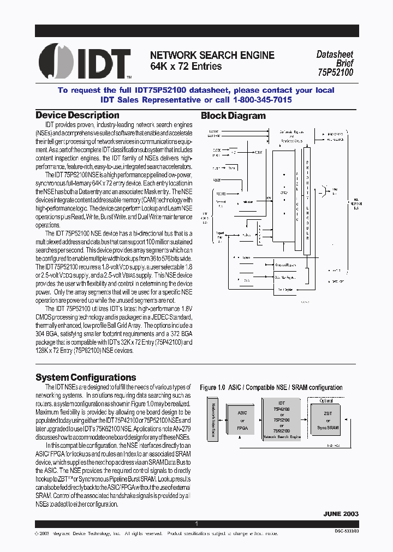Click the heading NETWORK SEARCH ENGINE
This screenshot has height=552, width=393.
(x=212, y=55)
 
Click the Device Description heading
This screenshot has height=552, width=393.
(x=77, y=115)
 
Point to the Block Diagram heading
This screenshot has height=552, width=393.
(x=233, y=116)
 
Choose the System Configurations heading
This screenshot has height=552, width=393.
(x=86, y=377)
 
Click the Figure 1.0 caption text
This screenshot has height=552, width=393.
(x=271, y=387)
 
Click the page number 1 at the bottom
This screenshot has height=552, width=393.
(x=196, y=524)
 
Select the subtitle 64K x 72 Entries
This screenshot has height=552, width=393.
(x=186, y=67)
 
